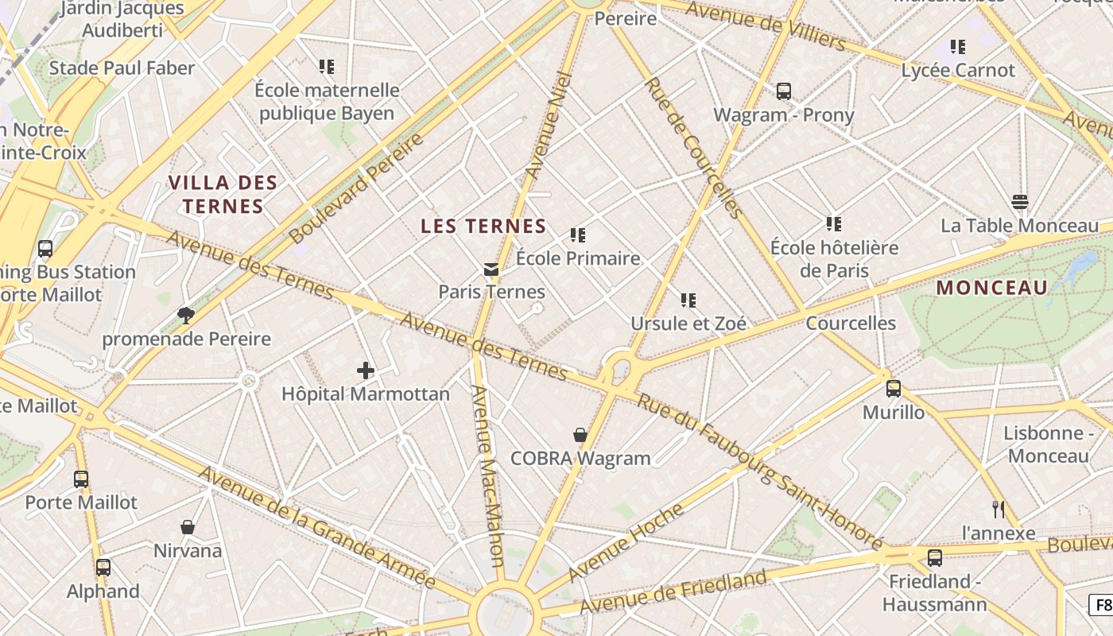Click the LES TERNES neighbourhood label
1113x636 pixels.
(483, 226)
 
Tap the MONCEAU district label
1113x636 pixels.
(992, 288)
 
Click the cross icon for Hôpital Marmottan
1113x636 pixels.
(365, 370)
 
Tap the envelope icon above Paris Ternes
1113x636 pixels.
(491, 270)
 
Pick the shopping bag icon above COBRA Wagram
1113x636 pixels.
(580, 435)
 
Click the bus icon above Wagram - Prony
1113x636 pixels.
(784, 91)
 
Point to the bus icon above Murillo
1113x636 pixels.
(894, 389)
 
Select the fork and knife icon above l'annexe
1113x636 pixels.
(999, 510)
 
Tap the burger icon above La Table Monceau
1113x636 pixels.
(1020, 202)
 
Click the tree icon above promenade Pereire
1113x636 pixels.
(186, 316)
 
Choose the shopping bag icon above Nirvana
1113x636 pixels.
(188, 527)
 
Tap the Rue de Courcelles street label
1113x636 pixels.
(693, 148)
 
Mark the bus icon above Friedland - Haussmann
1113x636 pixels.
(935, 558)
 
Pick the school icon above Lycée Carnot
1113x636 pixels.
(958, 47)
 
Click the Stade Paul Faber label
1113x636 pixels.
(122, 68)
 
